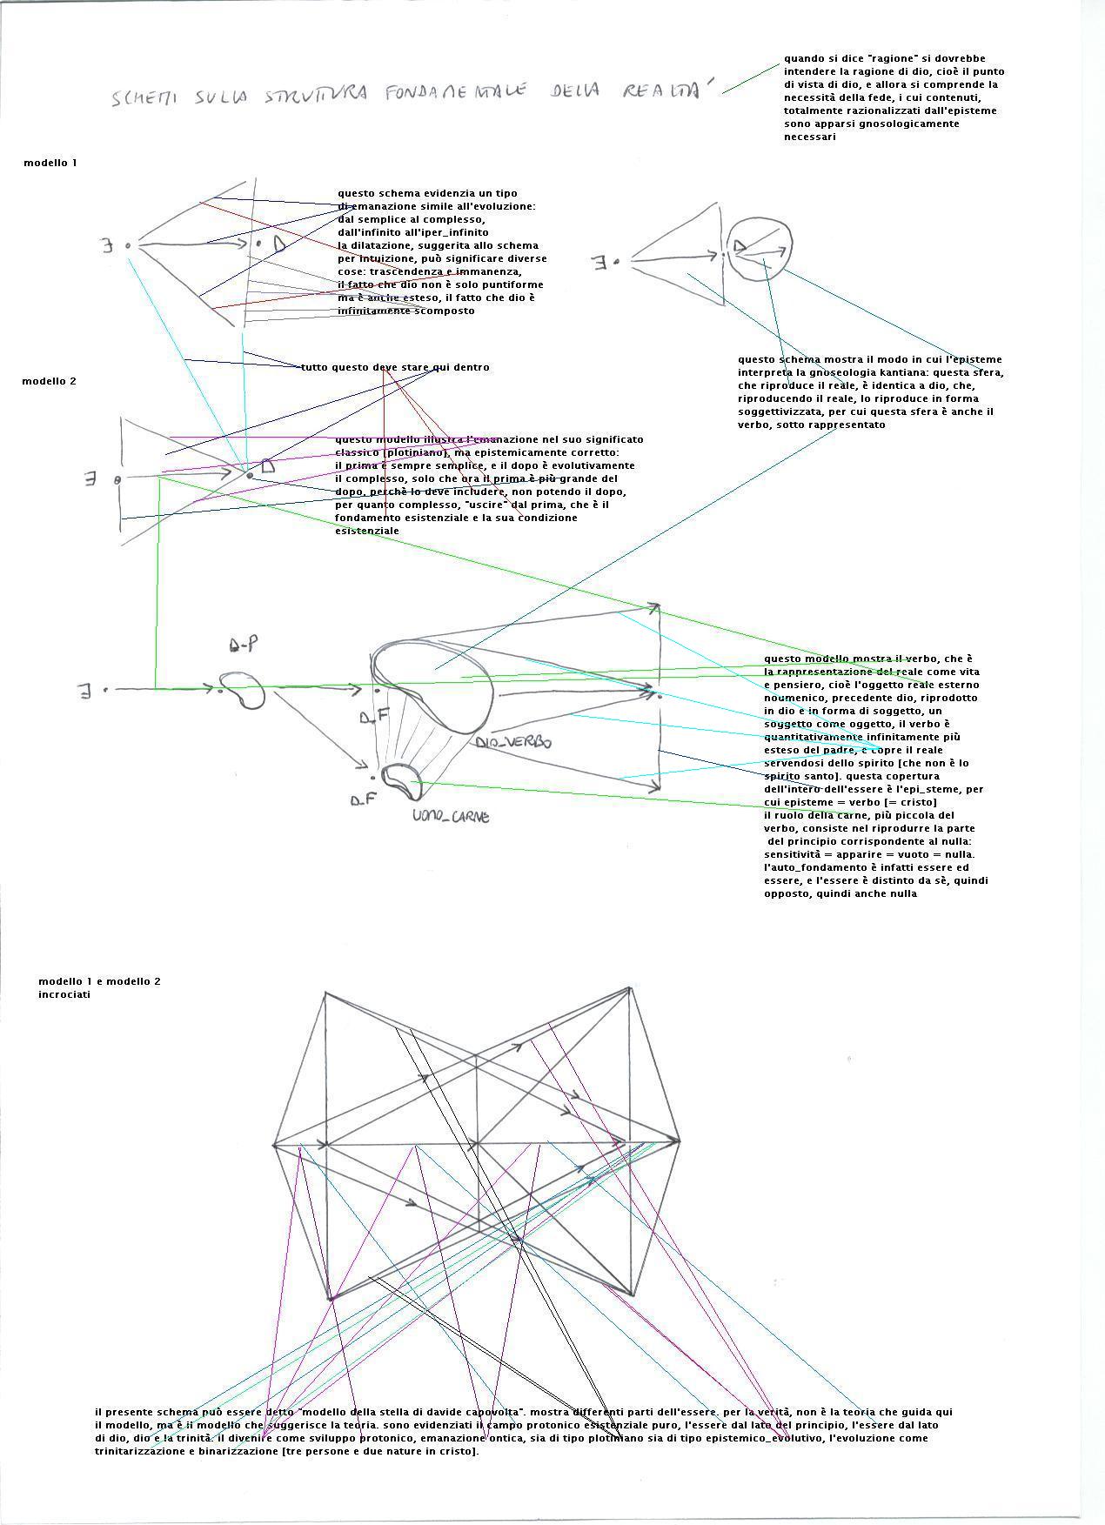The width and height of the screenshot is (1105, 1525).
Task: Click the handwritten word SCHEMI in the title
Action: [144, 97]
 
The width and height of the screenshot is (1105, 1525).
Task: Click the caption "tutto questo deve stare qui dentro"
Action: [395, 368]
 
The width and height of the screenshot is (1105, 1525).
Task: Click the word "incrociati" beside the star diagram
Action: [64, 995]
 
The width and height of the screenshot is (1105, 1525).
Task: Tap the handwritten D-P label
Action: [243, 645]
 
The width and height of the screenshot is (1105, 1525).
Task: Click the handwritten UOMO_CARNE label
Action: [451, 817]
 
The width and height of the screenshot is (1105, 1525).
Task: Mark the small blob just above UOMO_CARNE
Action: [402, 779]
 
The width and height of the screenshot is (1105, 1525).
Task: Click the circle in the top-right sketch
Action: [760, 249]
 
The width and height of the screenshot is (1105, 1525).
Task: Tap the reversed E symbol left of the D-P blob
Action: [85, 692]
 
